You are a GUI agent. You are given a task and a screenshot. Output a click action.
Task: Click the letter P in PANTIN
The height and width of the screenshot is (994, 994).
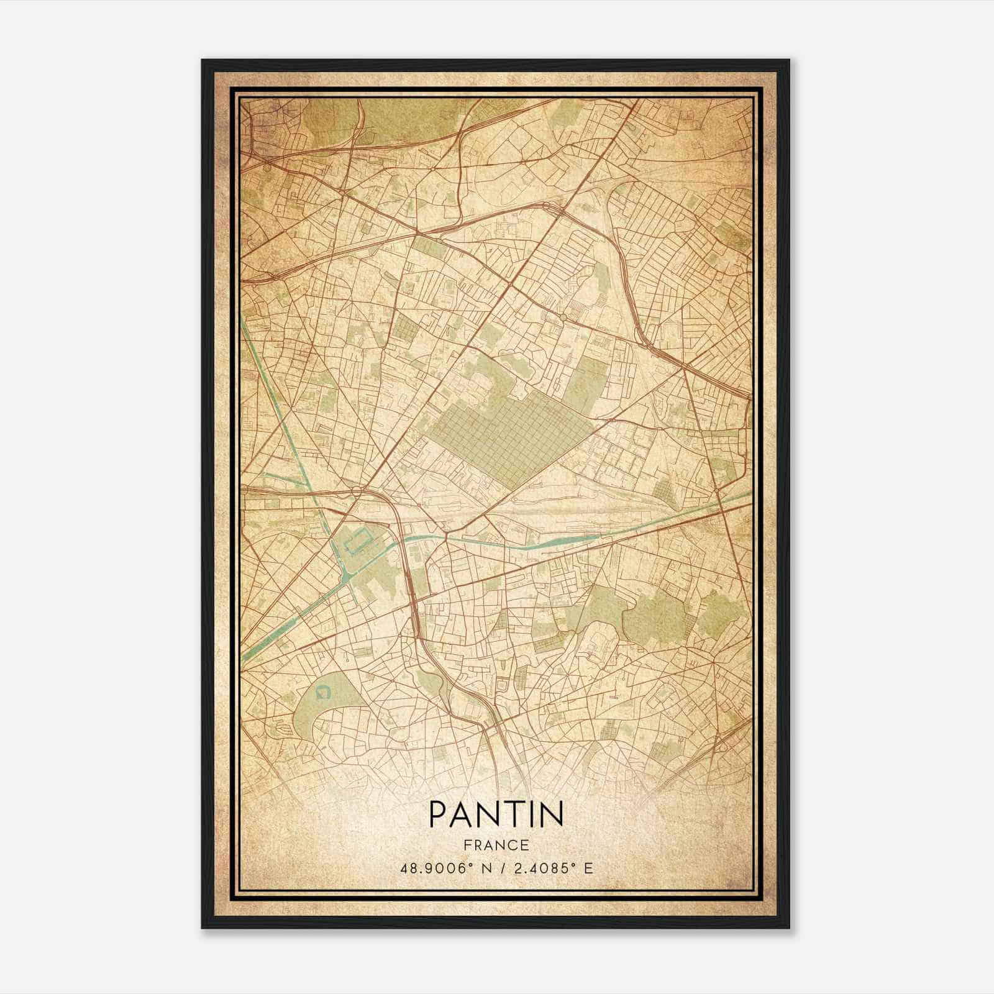(436, 814)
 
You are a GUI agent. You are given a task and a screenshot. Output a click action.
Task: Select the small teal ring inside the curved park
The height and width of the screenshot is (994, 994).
(322, 691)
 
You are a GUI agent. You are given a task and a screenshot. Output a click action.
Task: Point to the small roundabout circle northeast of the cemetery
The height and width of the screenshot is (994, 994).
(562, 317)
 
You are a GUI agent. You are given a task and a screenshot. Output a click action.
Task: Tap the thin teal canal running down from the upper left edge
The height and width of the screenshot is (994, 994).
(273, 398)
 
